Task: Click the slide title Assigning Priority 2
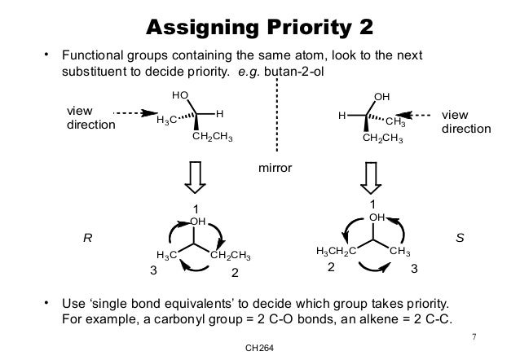click(x=259, y=28)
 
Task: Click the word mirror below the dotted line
click(x=275, y=167)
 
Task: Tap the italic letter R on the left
click(x=88, y=239)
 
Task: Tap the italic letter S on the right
click(x=460, y=239)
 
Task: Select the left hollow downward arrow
click(x=196, y=176)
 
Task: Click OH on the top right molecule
click(x=381, y=97)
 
